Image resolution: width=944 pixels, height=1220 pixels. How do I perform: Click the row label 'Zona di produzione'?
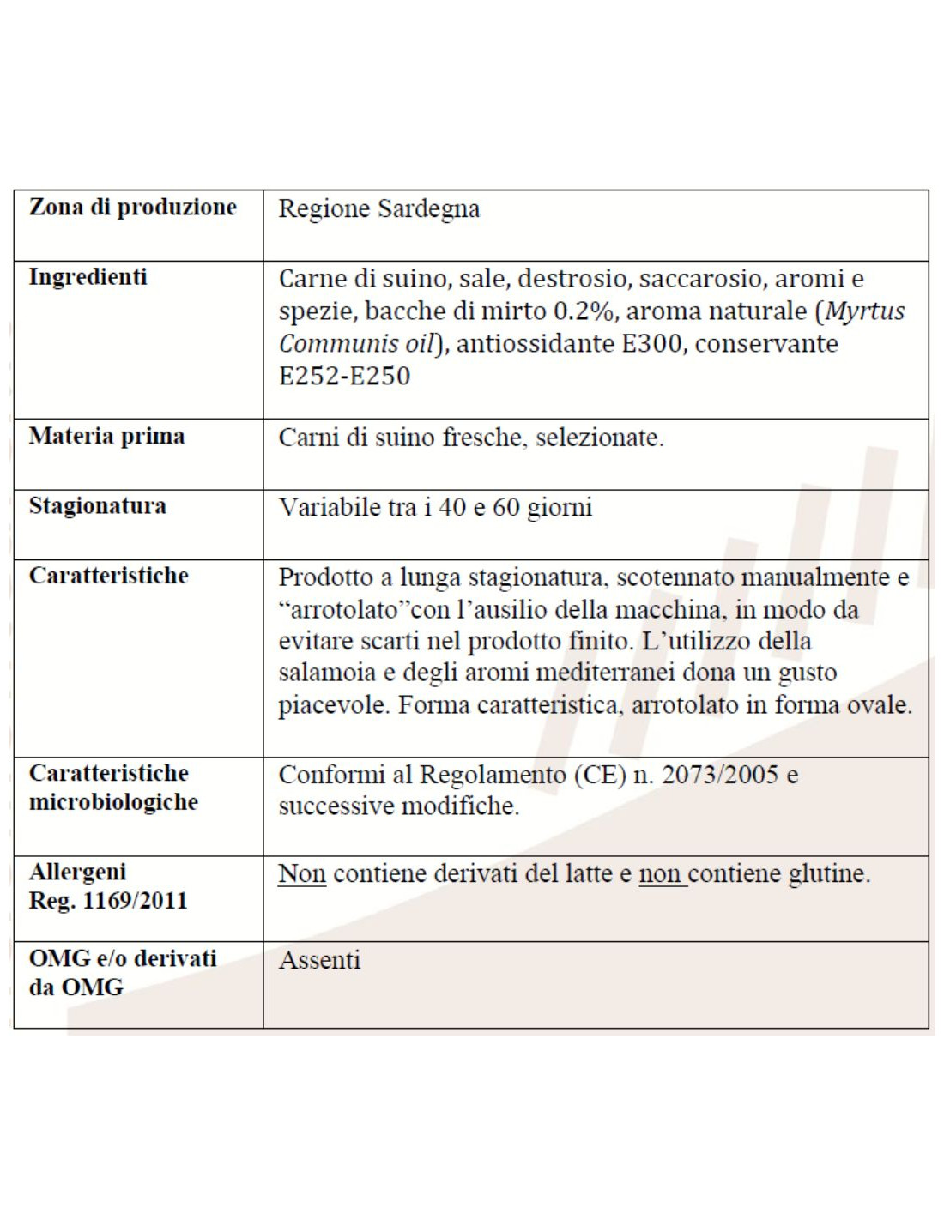[x=133, y=207]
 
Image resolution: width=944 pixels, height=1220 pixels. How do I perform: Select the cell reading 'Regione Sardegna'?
[x=378, y=208]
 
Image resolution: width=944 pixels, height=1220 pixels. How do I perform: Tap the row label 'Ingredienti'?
[x=88, y=277]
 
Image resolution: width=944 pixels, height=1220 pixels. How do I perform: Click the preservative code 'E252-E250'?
[x=344, y=376]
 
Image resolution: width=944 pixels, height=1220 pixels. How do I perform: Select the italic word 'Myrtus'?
[x=864, y=311]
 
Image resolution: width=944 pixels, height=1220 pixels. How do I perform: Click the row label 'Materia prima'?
[x=106, y=436]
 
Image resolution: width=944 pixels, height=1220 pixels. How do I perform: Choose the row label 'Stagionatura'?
[x=97, y=506]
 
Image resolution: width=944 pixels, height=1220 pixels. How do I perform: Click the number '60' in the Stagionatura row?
[x=506, y=507]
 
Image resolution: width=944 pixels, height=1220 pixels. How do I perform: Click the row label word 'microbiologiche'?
[x=113, y=802]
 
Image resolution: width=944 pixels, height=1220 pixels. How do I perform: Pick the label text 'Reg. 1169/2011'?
[x=108, y=901]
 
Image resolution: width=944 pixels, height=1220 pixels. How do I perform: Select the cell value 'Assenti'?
[x=319, y=960]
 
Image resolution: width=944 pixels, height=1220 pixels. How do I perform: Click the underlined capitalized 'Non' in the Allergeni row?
[x=302, y=873]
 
